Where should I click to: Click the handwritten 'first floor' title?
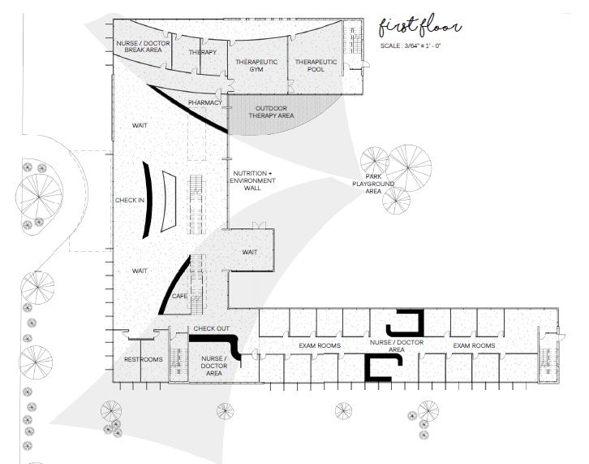(419, 26)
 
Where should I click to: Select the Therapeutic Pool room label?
(316, 67)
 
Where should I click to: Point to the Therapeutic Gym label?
(256, 67)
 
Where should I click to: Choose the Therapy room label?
(203, 53)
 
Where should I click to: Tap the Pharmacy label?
(204, 103)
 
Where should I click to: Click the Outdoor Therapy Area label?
(274, 112)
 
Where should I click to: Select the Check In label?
(130, 200)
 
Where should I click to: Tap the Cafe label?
(179, 296)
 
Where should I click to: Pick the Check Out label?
(210, 329)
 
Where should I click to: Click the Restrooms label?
(143, 359)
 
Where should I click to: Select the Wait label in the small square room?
(250, 252)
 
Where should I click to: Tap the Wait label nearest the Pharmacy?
(140, 126)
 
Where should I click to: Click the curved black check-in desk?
(147, 200)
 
